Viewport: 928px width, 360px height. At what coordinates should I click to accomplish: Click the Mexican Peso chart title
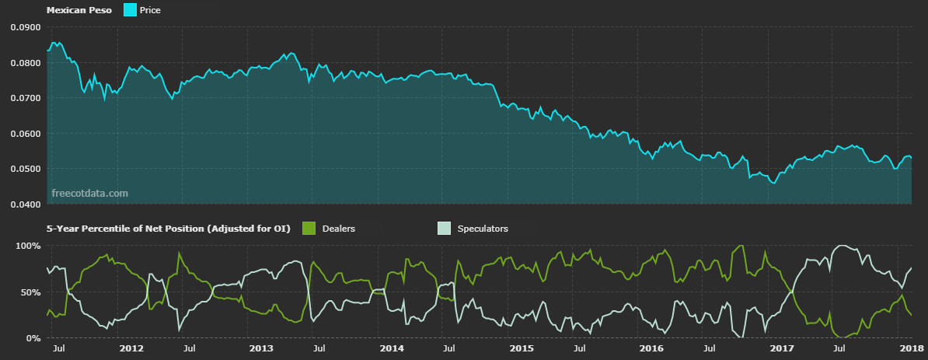[78, 10]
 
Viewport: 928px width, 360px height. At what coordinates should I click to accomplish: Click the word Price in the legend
[150, 10]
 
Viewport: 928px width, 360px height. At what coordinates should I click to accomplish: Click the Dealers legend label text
[338, 229]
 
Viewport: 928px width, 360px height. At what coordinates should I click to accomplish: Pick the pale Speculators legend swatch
[444, 229]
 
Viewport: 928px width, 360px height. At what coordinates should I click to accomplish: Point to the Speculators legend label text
[483, 229]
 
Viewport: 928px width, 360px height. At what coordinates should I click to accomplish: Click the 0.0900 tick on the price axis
[25, 27]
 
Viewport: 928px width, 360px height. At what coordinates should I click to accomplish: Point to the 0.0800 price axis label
[25, 63]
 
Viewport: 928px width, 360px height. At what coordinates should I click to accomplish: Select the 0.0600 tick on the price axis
[25, 134]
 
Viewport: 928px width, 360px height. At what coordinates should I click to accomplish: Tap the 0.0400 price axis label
[25, 204]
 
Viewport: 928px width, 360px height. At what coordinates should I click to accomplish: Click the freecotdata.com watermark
[89, 193]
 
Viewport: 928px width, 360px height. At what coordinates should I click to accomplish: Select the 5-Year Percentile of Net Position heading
[168, 229]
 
